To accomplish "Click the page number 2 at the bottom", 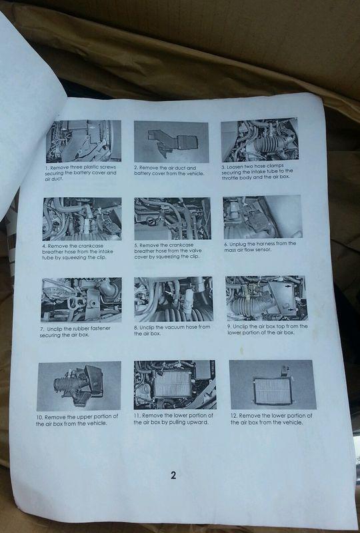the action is click(x=173, y=475).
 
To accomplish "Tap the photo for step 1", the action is click(x=83, y=141).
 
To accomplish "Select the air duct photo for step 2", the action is click(x=171, y=142).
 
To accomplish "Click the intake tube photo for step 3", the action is click(x=259, y=140).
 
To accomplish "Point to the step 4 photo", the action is click(x=82, y=219).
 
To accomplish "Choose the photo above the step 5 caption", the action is click(x=173, y=219).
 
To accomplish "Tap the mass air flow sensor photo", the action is click(x=263, y=217).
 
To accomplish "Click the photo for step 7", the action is click(x=81, y=299).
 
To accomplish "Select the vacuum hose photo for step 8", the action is click(x=173, y=298).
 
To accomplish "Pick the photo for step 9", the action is click(x=267, y=298).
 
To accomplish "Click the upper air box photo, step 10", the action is click(x=79, y=386).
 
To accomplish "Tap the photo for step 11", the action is click(x=175, y=384).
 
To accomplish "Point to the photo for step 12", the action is click(x=273, y=384).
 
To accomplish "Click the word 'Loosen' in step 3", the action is click(x=235, y=167).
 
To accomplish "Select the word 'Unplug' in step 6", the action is click(x=237, y=244).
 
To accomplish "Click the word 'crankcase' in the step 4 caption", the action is click(x=89, y=246).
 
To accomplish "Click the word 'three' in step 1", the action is click(x=76, y=167).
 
